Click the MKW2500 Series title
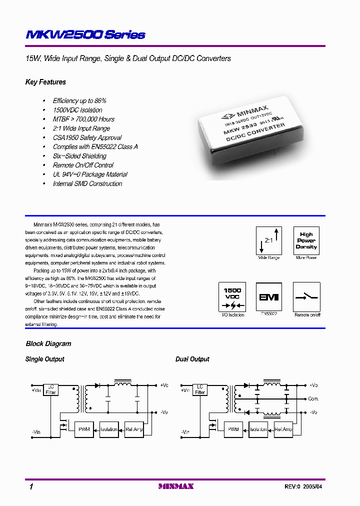pyautogui.click(x=85, y=34)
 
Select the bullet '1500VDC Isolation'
pyautogui.click(x=77, y=110)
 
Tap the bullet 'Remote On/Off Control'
pyautogui.click(x=83, y=165)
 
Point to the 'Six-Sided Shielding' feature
pyautogui.click(x=79, y=156)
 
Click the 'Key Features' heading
pyautogui.click(x=45, y=82)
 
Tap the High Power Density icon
pyautogui.click(x=306, y=240)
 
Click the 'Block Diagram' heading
pyautogui.click(x=48, y=343)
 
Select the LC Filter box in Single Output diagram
pyautogui.click(x=50, y=389)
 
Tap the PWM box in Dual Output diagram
pyautogui.click(x=233, y=429)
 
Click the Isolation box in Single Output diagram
pyautogui.click(x=108, y=429)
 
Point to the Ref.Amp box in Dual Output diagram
pyautogui.click(x=283, y=429)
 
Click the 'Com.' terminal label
pyautogui.click(x=313, y=399)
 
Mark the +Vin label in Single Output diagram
pyautogui.click(x=36, y=390)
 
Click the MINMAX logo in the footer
pyautogui.click(x=175, y=486)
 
